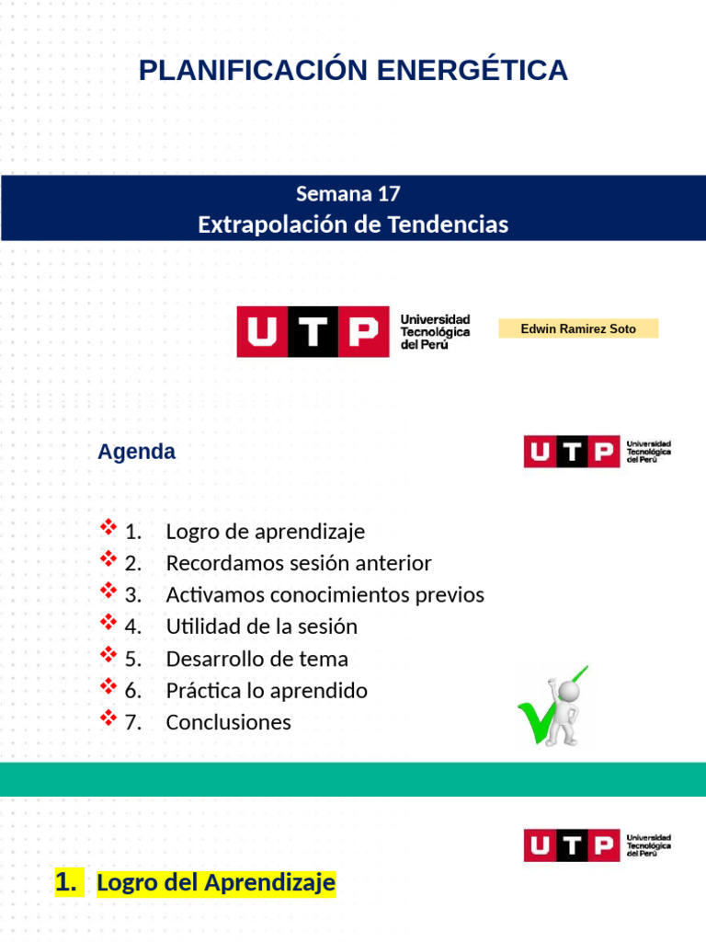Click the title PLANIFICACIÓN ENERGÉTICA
click(353, 70)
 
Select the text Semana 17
click(347, 194)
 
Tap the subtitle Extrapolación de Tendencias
click(353, 224)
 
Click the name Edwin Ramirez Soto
click(577, 328)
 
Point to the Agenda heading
click(136, 453)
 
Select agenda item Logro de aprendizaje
click(265, 532)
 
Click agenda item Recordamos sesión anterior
click(298, 563)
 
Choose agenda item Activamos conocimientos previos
click(325, 595)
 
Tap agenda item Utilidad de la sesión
click(261, 626)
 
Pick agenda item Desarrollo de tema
click(256, 659)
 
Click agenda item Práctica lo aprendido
click(267, 691)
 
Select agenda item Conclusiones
click(228, 722)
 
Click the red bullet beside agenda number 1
click(108, 529)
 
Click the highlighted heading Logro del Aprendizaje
click(215, 883)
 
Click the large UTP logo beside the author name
click(354, 331)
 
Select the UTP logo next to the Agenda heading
click(598, 452)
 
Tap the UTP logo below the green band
click(598, 845)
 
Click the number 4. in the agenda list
click(133, 626)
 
